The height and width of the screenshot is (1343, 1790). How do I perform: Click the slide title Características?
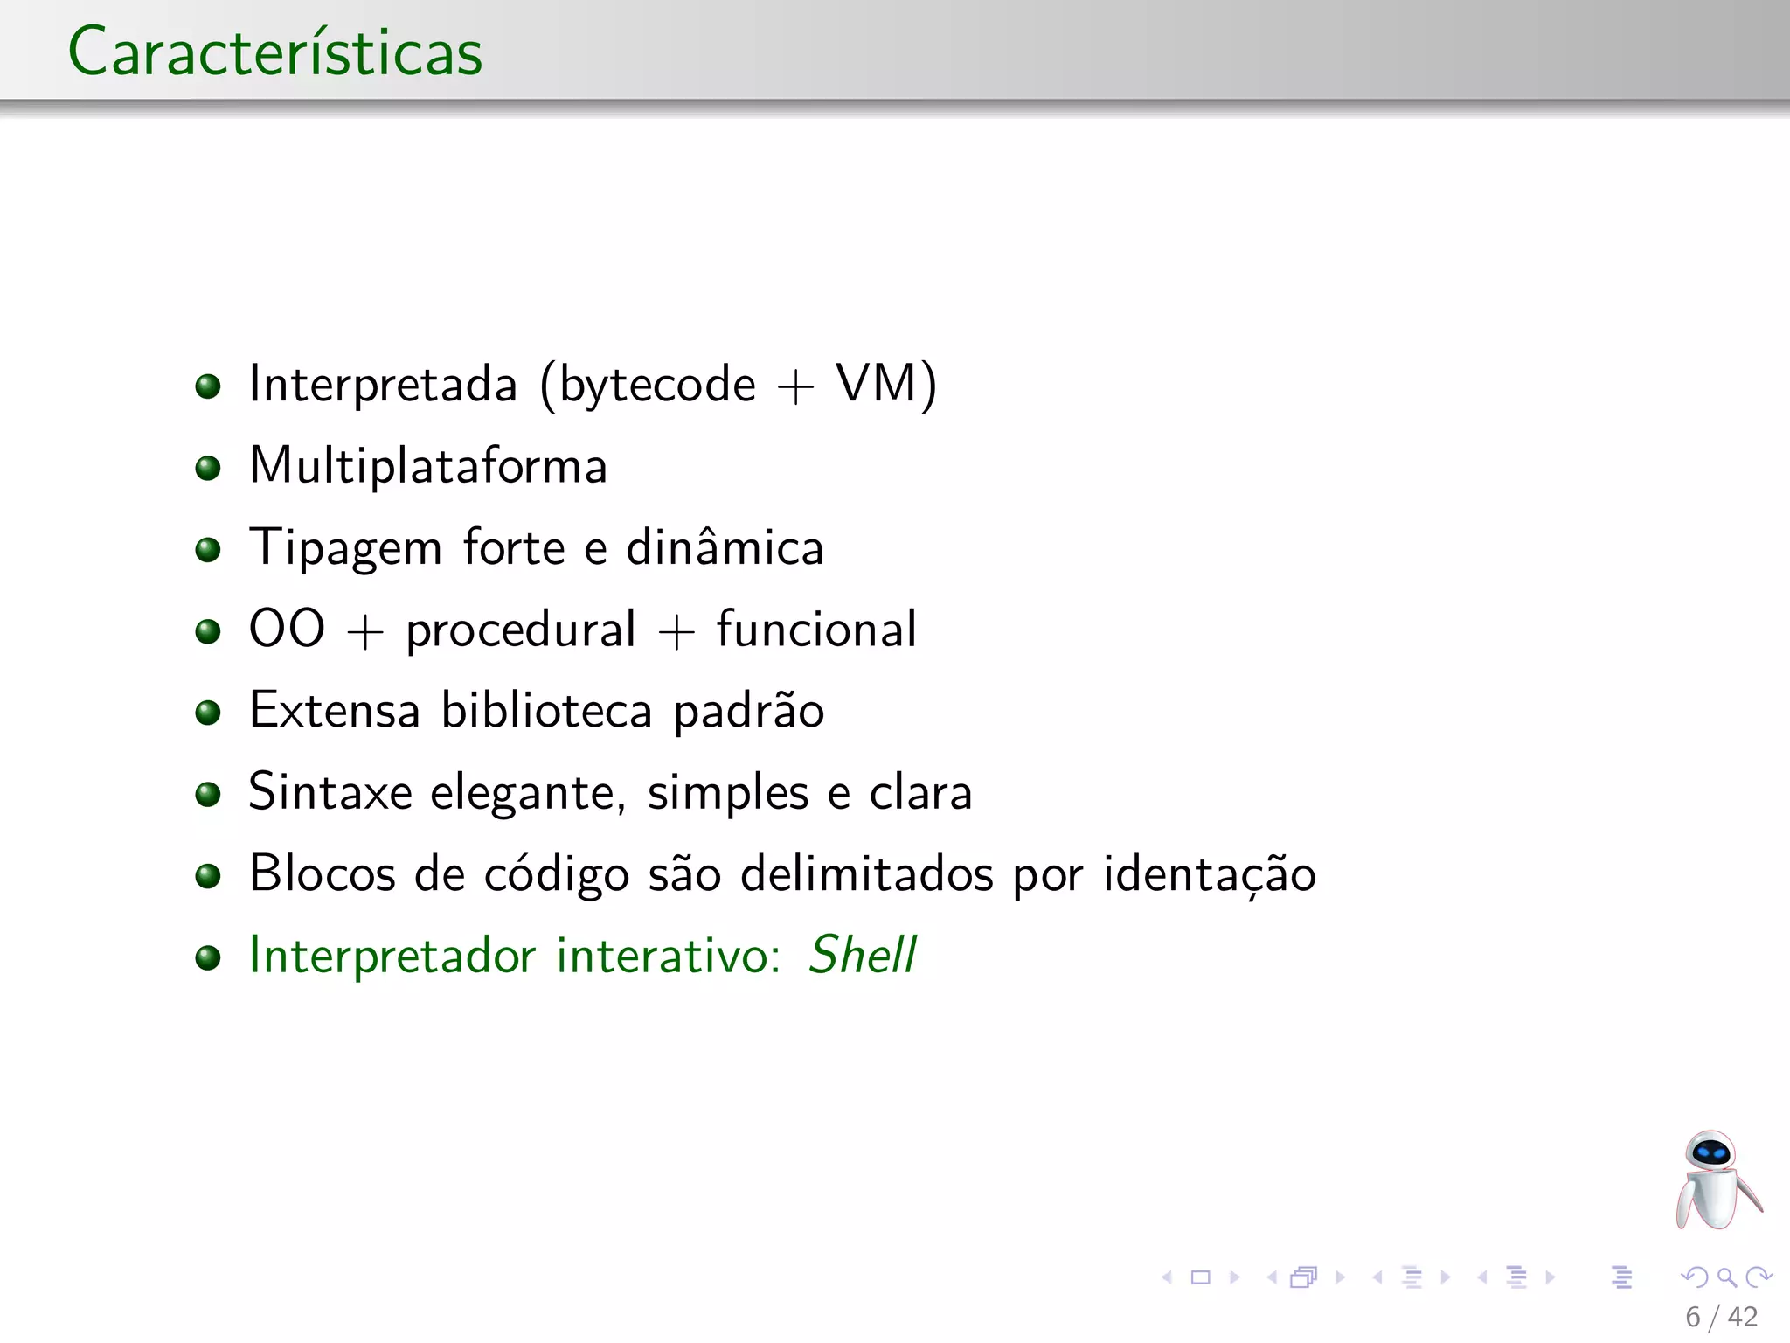tap(275, 52)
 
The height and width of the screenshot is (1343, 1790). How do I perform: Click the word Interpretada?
tap(383, 385)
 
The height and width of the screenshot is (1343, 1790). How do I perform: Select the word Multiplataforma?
tap(428, 466)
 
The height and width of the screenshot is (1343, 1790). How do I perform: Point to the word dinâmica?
tap(725, 548)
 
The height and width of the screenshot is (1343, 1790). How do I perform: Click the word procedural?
tap(521, 630)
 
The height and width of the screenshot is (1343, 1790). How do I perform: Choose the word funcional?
tap(816, 630)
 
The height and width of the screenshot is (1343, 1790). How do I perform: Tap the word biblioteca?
tap(546, 710)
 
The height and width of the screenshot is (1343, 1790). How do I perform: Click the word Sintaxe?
tap(330, 792)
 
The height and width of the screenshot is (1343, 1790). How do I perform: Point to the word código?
tap(557, 874)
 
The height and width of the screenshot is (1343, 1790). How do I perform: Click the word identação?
tap(1209, 874)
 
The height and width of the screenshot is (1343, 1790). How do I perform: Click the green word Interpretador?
tap(392, 956)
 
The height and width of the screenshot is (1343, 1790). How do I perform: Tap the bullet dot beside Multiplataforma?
tap(208, 468)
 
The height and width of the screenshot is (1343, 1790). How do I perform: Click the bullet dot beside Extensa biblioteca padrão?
tap(208, 713)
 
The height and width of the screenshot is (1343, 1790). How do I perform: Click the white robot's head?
tap(1710, 1152)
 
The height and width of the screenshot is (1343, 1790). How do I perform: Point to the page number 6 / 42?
tap(1721, 1317)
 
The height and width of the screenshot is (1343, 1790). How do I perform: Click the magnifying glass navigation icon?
tap(1726, 1277)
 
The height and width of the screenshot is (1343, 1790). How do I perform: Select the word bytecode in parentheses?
tap(657, 385)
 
